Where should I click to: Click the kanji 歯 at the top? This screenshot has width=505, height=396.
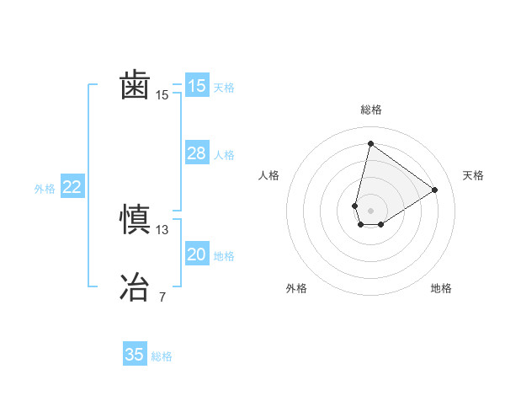(135, 86)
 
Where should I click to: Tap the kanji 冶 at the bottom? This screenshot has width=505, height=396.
(135, 286)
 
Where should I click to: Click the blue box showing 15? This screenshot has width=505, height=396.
(197, 86)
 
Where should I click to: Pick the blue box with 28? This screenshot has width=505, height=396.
(197, 153)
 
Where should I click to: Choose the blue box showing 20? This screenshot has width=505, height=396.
(197, 254)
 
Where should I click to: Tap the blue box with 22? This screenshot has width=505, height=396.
(72, 187)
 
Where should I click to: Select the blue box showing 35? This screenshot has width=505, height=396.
(135, 355)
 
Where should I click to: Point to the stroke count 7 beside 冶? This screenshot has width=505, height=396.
(162, 297)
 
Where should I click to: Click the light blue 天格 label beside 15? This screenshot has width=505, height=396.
(224, 88)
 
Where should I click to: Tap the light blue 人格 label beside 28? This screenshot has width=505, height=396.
(224, 155)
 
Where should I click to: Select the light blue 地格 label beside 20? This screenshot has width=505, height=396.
(224, 256)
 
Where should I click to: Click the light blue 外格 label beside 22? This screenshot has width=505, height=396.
(45, 189)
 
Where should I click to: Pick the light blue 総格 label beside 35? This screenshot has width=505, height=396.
(162, 356)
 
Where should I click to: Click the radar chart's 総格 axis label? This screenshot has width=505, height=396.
(370, 110)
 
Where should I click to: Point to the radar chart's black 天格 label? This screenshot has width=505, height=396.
(473, 175)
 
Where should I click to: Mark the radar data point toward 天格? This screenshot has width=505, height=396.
(435, 190)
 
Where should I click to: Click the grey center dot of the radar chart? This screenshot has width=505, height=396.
(370, 209)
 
